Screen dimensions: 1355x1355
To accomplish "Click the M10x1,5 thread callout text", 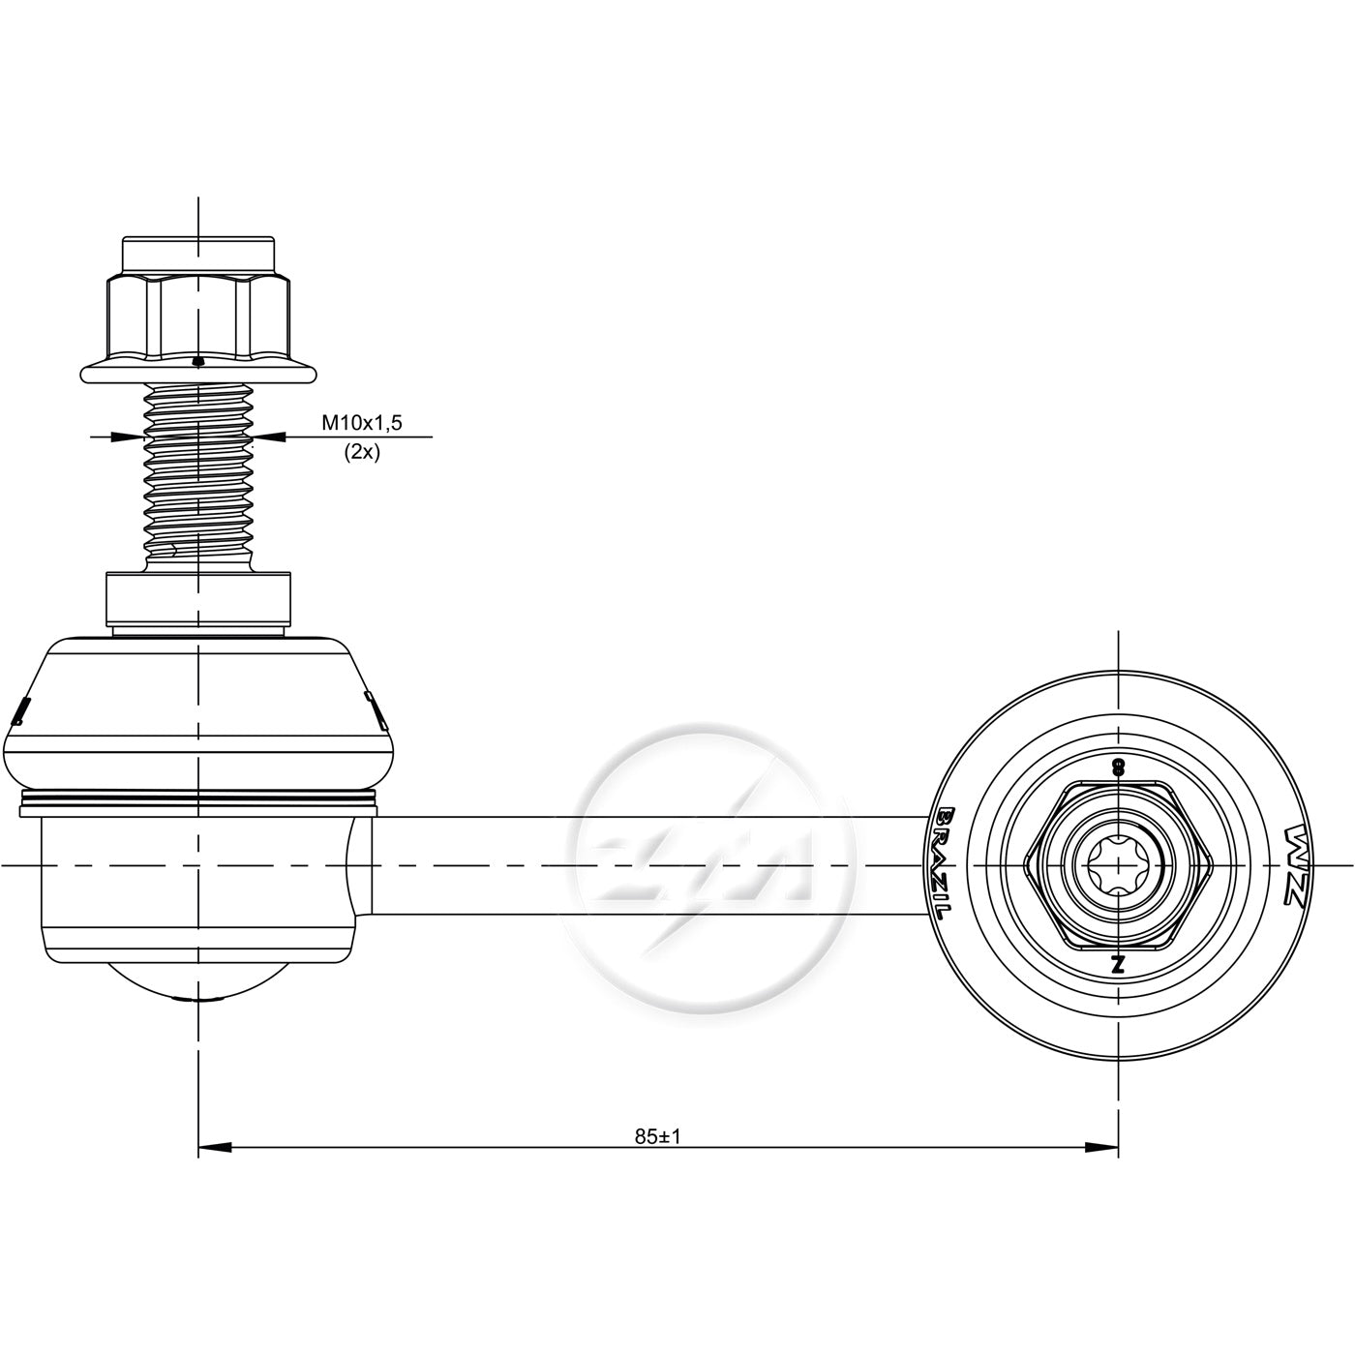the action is click(x=361, y=423).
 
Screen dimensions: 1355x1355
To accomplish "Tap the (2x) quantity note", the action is click(x=361, y=452).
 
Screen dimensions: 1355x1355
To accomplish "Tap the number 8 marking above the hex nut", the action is click(x=1117, y=768).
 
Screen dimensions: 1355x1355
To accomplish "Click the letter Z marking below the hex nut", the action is click(x=1118, y=963).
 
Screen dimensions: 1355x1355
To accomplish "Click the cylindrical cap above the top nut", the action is click(x=198, y=256).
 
